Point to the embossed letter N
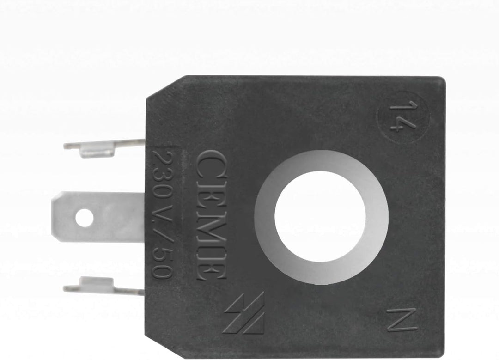tap(402, 320)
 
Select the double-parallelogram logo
tap(244, 313)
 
